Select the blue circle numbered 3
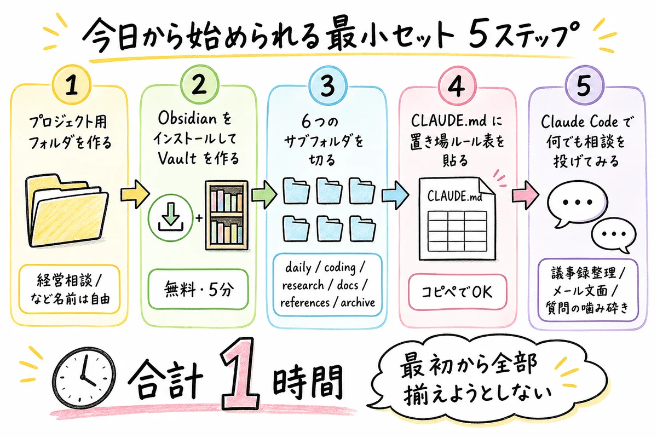coord(326,87)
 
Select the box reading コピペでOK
coord(458,291)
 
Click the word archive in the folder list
coord(358,302)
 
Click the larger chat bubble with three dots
coord(574,201)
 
